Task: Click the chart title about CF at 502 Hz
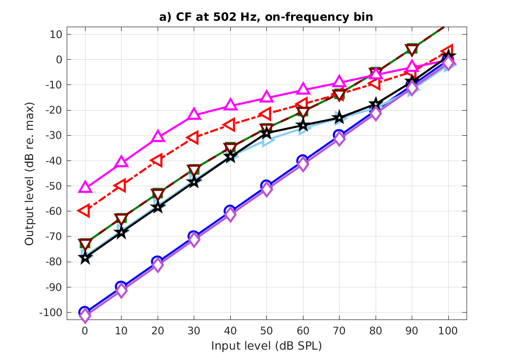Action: click(266, 17)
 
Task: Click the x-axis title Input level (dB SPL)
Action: click(266, 346)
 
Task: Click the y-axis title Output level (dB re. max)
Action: click(30, 174)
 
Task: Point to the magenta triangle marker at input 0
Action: click(85, 187)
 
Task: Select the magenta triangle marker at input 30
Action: click(194, 114)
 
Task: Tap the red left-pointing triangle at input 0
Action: click(85, 211)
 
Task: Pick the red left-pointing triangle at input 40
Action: click(230, 125)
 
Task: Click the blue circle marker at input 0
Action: click(85, 312)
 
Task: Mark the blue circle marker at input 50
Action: click(266, 186)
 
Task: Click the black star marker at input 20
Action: click(158, 207)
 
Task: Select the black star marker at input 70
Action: click(339, 118)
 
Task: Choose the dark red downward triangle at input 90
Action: click(412, 49)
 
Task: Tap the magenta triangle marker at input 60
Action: click(303, 89)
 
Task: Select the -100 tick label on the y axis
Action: click(52, 313)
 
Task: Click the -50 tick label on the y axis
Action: click(54, 186)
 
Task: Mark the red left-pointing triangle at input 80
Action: click(375, 83)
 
